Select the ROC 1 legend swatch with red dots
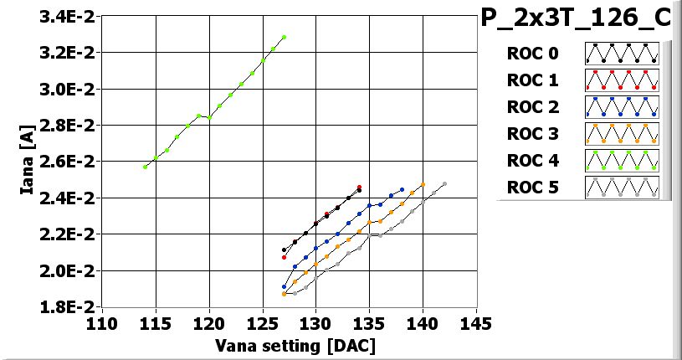tap(622, 80)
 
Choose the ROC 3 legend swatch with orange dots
tap(622, 133)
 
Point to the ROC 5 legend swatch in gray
tap(622, 187)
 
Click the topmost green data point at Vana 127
tap(285, 37)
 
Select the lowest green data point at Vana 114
tap(145, 167)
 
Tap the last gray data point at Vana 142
tap(444, 183)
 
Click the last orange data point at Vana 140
tap(423, 184)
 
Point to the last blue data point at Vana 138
tap(402, 189)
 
